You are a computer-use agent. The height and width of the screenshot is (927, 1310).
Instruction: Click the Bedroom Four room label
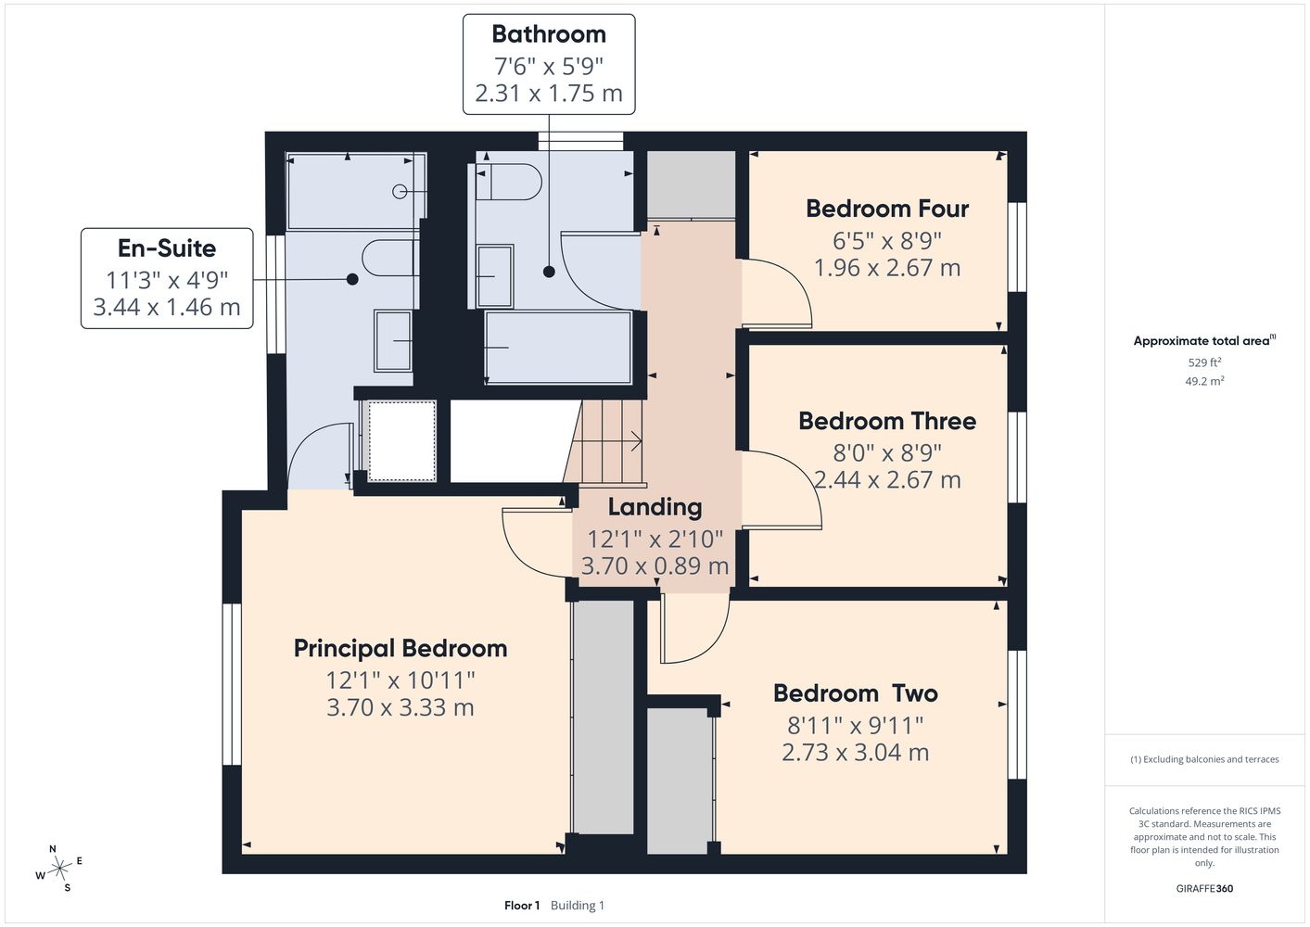point(887,209)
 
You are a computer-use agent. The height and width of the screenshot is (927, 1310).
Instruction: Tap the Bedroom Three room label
point(887,421)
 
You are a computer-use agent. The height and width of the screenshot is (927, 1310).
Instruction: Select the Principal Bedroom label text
point(400,649)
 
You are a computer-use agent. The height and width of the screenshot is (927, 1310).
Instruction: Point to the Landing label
point(655,507)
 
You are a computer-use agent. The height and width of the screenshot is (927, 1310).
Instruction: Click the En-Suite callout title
point(167,248)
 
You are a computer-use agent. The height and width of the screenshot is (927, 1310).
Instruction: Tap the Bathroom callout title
point(549,34)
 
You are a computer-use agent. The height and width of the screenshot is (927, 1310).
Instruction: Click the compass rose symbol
point(59,869)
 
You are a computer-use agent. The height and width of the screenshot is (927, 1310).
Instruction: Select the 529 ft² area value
point(1204,362)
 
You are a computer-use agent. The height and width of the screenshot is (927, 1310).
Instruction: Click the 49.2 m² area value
point(1204,381)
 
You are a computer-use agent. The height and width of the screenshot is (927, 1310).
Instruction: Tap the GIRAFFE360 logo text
point(1204,888)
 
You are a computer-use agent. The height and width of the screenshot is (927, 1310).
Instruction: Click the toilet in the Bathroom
point(508,182)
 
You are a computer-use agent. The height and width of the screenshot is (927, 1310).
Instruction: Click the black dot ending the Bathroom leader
point(549,272)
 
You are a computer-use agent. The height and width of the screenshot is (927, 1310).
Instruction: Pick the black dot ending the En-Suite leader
point(352,280)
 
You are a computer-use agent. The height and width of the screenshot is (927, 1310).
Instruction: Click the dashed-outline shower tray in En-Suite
point(401,441)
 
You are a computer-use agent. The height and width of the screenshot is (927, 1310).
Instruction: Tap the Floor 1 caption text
point(522,906)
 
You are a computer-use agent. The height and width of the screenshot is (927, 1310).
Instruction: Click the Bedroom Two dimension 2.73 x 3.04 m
point(855,752)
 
